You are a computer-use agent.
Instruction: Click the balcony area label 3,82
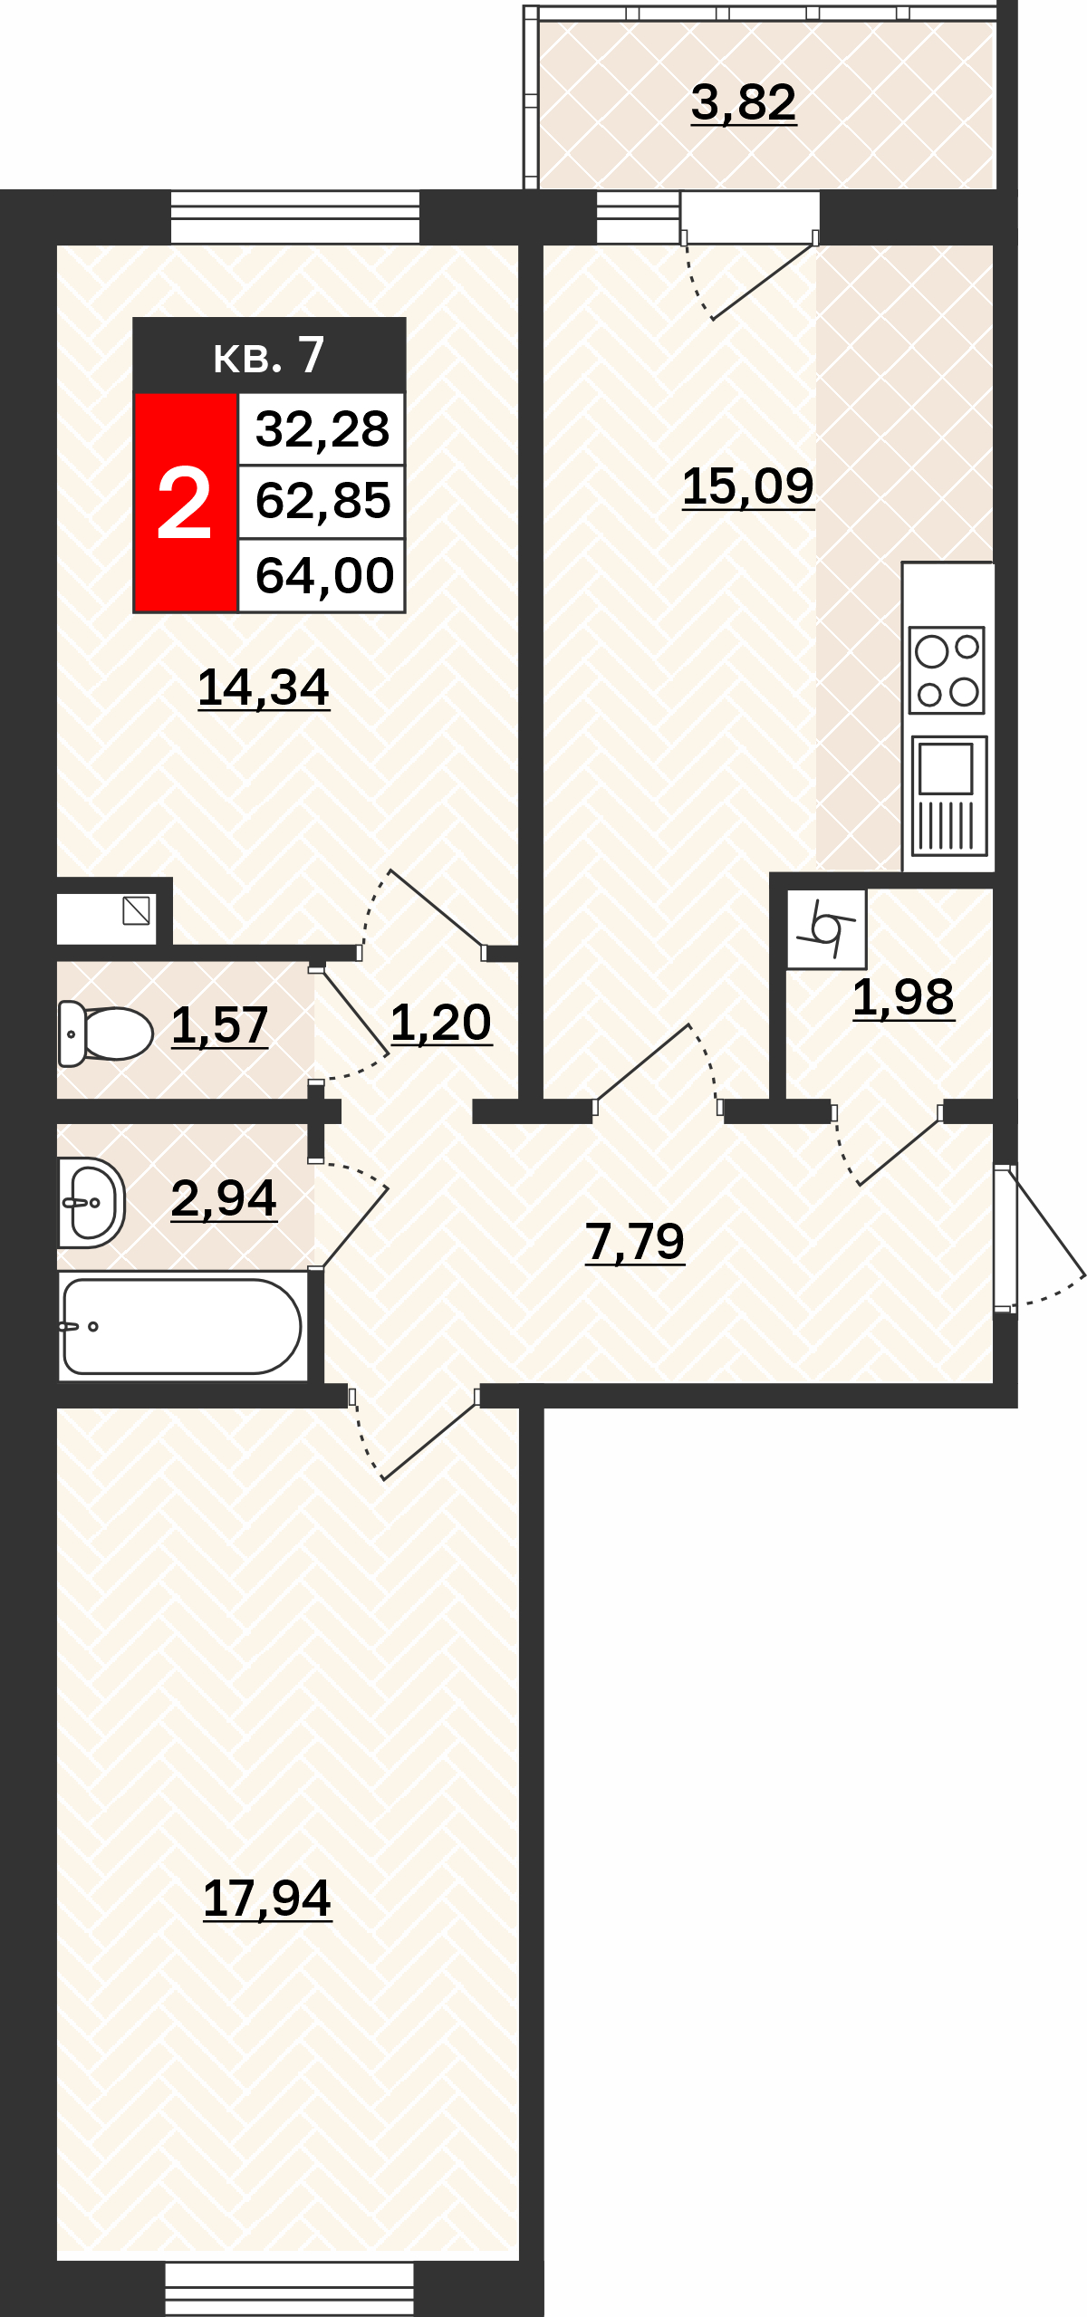pos(744,102)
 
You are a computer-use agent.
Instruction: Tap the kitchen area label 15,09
pos(748,486)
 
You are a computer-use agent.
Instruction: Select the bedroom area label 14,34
pos(264,687)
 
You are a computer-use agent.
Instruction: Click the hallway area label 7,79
pos(635,1241)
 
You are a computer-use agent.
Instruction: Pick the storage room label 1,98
pos(903,997)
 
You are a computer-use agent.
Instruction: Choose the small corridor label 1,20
pos(441,1023)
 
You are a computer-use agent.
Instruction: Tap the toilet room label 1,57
pos(220,1025)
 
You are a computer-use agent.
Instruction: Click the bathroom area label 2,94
pos(224,1198)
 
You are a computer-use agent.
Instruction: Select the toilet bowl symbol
pos(105,1034)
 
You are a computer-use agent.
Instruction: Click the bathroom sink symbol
pos(91,1203)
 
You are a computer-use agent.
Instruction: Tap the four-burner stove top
pos(947,670)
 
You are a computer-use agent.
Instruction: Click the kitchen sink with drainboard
pos(948,795)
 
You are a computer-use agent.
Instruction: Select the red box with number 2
pos(186,503)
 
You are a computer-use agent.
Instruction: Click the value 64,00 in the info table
pos(324,576)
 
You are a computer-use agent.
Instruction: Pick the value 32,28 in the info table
pos(322,429)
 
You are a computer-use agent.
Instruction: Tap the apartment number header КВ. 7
pos(269,355)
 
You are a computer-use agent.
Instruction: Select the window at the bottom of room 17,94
pos(290,2288)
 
